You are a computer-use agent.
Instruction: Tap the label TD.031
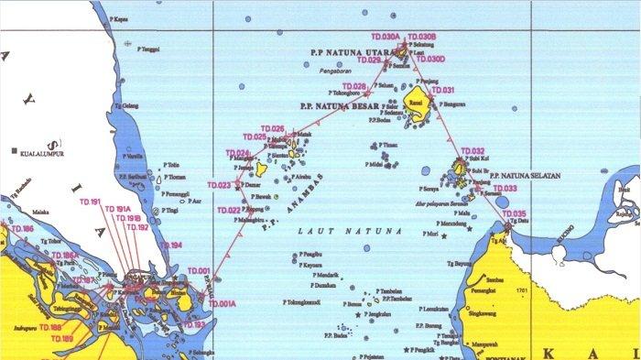pos(442,91)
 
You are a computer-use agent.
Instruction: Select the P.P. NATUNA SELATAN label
pos(523,174)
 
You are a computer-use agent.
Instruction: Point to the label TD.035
pos(515,213)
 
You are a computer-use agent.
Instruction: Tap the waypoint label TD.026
pos(273,128)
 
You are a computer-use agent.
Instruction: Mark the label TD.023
pos(219,185)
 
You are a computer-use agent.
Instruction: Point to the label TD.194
pos(171,245)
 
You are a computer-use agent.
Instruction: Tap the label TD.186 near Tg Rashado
pos(22,228)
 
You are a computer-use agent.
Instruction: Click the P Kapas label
pos(116,17)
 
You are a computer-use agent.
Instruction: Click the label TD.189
pos(61,340)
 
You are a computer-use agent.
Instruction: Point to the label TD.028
pos(353,87)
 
